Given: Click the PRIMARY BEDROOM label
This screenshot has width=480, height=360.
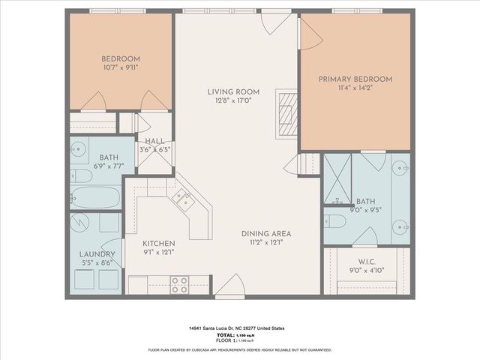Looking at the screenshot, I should point(355,79).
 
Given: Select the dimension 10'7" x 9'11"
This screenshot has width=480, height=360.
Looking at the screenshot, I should point(121,68).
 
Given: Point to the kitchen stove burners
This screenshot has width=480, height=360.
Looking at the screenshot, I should point(179,284).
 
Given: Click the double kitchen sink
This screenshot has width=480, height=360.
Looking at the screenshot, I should point(182,198).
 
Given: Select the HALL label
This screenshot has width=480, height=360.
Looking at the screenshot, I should point(154,140).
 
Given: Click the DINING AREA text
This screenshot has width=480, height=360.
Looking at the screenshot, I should point(265,233).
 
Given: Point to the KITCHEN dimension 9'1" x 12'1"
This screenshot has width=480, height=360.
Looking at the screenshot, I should point(159,252).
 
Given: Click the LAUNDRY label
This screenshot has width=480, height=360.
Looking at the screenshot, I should point(97,253).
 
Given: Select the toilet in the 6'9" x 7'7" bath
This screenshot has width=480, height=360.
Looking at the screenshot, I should point(82,176).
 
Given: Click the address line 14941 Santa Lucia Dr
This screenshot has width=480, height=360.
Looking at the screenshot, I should point(239,328).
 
